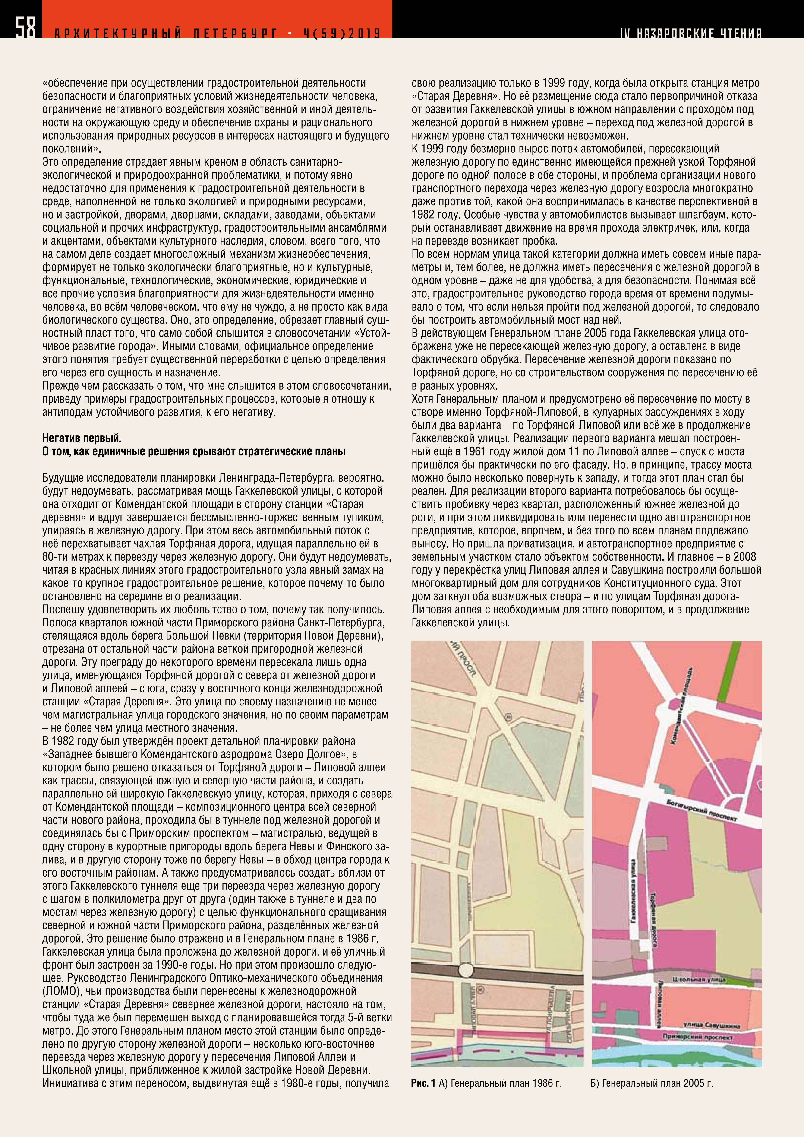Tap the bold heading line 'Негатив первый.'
[82, 438]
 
